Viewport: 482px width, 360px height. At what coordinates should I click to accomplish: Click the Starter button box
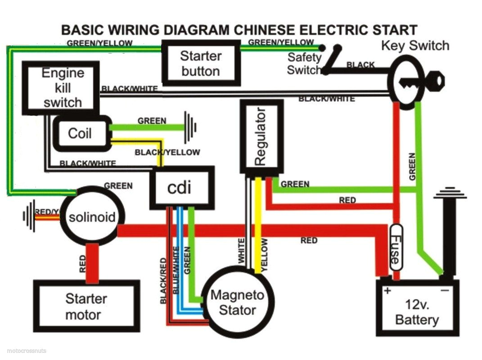click(x=200, y=63)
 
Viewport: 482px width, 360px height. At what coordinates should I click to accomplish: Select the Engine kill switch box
click(x=61, y=88)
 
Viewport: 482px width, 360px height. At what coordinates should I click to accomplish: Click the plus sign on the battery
click(x=387, y=291)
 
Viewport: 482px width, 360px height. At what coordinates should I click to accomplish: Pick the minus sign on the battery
click(x=445, y=291)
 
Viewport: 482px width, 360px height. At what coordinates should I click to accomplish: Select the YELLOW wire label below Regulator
click(x=264, y=255)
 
